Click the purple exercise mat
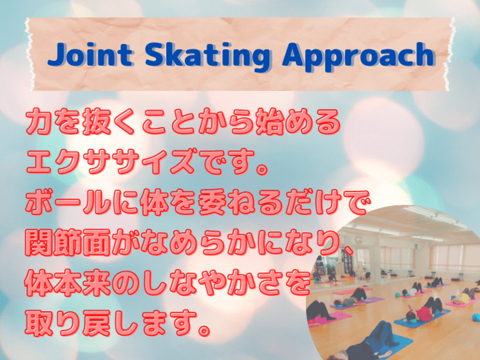[x=369, y=299]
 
